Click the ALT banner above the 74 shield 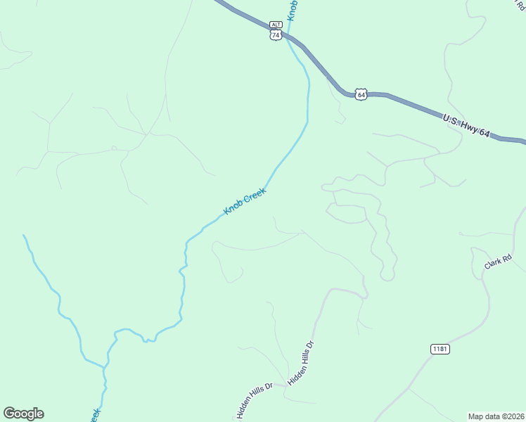click(276, 24)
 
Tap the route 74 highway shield click(276, 34)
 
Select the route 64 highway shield click(361, 94)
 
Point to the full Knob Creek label click(245, 202)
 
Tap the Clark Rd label click(498, 262)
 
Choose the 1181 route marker click(440, 349)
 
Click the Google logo click(23, 414)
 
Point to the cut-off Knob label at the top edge click(293, 8)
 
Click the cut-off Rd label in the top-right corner click(519, 3)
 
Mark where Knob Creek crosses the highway click(286, 37)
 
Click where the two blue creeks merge click(106, 365)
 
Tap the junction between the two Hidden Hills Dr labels click(288, 384)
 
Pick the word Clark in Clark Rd click(493, 264)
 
